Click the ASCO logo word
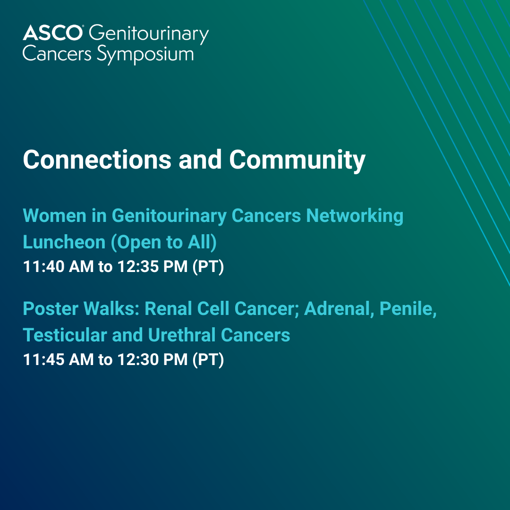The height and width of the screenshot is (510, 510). point(52,33)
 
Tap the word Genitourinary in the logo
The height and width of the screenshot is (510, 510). point(149,34)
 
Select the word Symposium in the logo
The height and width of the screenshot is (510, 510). point(145,55)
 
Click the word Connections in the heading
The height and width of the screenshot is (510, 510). point(97,160)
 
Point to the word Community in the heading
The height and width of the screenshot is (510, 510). point(297,161)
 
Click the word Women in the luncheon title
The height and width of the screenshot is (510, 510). point(55,215)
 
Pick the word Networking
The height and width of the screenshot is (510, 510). point(355,216)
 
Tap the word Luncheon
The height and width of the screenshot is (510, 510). point(64,242)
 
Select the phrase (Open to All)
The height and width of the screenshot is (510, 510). point(163,243)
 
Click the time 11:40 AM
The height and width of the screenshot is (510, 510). point(58,266)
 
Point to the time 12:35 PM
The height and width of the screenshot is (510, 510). point(152,266)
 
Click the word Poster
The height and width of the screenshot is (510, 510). point(51,308)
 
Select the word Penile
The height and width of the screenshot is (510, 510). point(408,309)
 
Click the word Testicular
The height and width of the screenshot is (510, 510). point(65,335)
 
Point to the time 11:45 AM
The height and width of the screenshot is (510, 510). point(58,359)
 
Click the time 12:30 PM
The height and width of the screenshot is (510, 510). point(152,359)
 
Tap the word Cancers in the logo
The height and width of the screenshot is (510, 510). point(57,54)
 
